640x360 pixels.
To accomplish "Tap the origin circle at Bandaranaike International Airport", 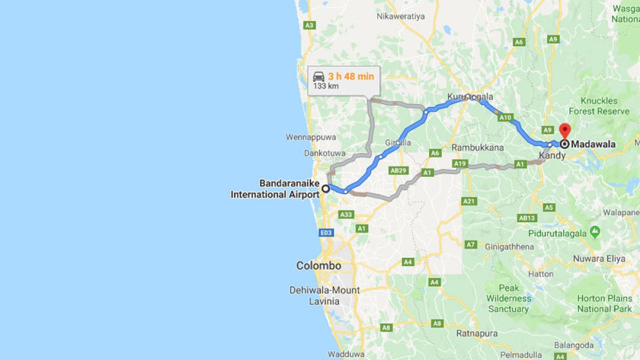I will tap(325, 188).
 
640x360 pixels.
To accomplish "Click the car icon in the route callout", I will tap(318, 76).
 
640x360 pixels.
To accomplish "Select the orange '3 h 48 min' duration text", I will tap(351, 76).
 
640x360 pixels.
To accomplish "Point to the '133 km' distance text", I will tap(326, 86).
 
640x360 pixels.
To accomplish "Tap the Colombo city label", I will tap(318, 265).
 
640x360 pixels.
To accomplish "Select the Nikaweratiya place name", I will tap(400, 16).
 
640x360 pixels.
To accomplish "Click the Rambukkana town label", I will tap(477, 147).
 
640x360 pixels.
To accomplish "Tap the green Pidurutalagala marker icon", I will tap(594, 231).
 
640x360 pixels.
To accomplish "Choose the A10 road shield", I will tap(505, 118).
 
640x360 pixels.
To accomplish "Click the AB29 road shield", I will tap(398, 170).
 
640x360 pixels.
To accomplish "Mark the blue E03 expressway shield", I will tap(326, 232).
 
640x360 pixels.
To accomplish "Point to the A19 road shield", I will tap(459, 163).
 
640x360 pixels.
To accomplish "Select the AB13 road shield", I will tap(527, 218).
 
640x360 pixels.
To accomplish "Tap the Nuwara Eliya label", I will tap(605, 258).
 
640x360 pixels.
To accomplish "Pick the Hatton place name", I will tap(540, 274).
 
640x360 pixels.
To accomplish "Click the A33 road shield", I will tap(346, 214).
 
